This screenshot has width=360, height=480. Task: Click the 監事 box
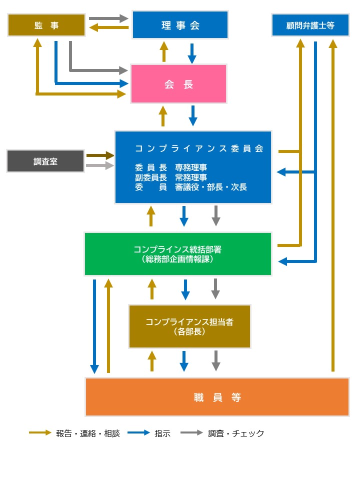46,25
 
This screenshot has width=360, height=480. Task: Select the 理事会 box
180,25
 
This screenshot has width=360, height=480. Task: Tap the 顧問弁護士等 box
310,25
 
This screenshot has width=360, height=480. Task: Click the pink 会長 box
178,84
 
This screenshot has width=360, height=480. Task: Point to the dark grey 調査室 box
45,161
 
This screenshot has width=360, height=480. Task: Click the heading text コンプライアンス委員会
198,148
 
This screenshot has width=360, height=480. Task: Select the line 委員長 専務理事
171,167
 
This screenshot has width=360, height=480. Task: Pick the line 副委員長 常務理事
171,177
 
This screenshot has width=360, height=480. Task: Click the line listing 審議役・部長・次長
190,187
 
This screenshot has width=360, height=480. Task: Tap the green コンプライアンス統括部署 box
177,254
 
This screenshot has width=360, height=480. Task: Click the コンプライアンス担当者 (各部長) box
189,326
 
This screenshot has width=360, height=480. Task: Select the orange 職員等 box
217,397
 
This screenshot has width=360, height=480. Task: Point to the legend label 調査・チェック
236,433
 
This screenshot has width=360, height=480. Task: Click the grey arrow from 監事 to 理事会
108,18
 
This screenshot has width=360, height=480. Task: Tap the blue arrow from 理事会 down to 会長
192,53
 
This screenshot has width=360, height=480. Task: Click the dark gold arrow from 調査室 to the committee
100,155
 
